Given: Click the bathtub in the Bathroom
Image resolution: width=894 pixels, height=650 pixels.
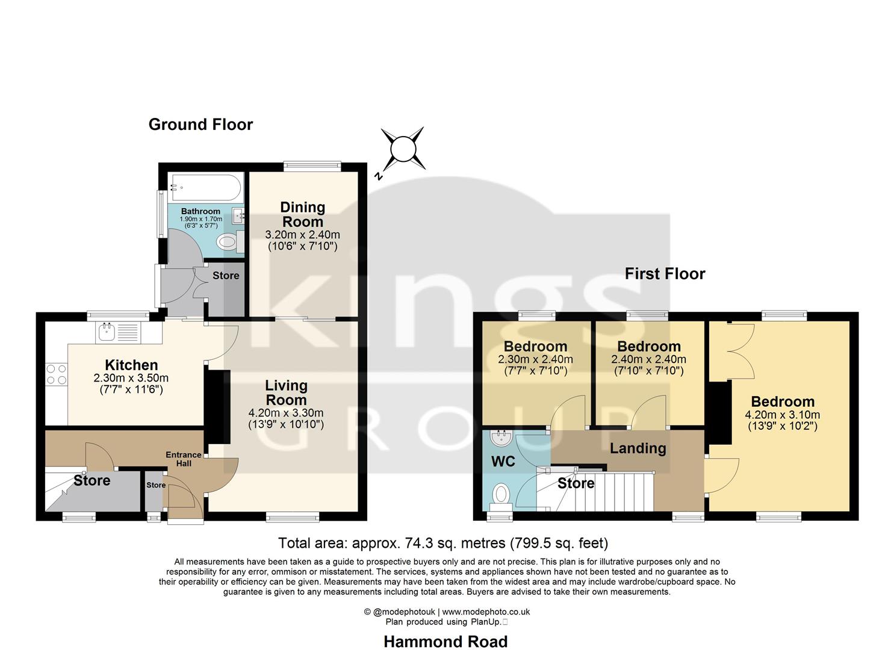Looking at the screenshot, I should tap(205, 187).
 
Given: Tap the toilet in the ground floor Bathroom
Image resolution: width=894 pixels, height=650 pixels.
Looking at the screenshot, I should tap(228, 242).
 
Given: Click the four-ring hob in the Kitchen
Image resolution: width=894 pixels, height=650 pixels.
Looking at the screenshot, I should tap(56, 374).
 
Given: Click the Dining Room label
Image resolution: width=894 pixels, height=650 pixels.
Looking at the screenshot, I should tap(302, 214).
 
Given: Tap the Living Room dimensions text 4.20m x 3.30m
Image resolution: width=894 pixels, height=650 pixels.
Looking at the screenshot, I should tap(286, 413).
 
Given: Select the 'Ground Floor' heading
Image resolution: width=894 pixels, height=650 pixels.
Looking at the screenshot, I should tap(200, 125).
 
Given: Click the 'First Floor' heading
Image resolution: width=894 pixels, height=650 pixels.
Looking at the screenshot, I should tap(665, 274).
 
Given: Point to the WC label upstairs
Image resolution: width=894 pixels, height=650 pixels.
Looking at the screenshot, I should tap(503, 462).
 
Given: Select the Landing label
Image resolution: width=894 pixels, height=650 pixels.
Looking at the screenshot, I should tap(638, 448).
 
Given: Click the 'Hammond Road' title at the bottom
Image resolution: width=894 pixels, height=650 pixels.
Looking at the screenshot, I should tap(445, 642).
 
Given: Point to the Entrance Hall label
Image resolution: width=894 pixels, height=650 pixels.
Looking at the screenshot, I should tap(184, 459).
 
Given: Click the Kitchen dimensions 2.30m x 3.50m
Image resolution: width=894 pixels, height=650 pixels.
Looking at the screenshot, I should tap(131, 378).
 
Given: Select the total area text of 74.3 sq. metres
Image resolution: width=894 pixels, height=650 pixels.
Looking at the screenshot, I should tap(443, 543).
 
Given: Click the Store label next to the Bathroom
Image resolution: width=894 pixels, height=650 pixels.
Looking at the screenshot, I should tap(226, 276).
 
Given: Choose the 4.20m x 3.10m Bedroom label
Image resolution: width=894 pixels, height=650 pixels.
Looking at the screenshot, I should tap(783, 402).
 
